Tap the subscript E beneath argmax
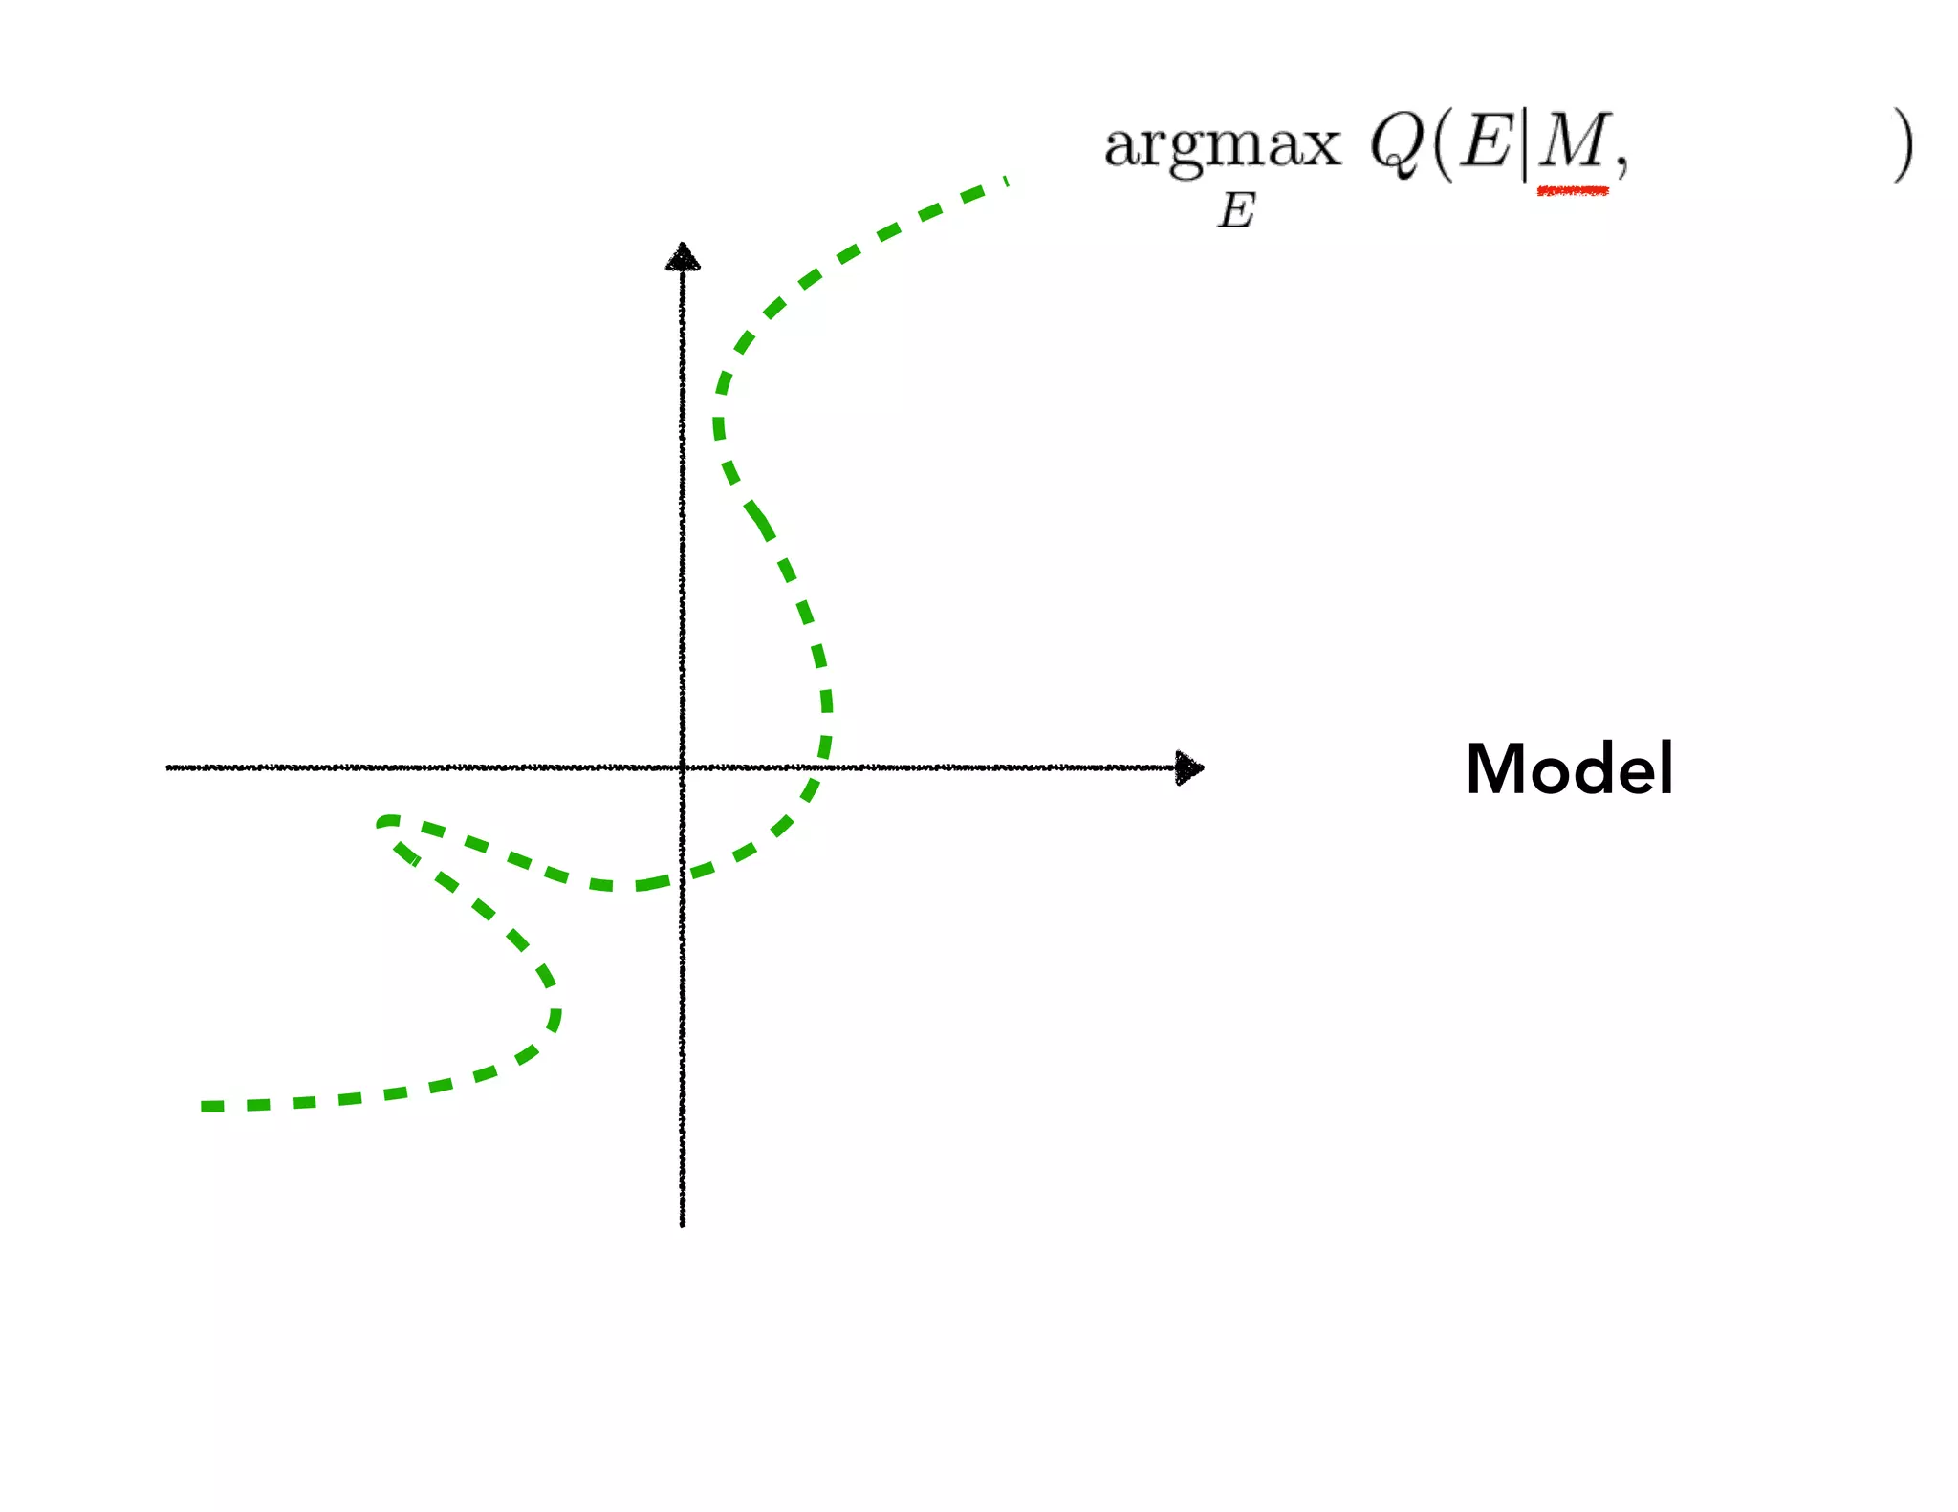[x=1236, y=210]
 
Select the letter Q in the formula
[x=1399, y=145]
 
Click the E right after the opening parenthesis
[x=1486, y=142]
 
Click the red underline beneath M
[x=1573, y=192]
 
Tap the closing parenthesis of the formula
[x=1903, y=145]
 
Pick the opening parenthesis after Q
[x=1444, y=145]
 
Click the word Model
[x=1569, y=769]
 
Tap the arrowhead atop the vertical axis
[x=683, y=257]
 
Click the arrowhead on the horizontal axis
[x=1189, y=767]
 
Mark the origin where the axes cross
[x=683, y=767]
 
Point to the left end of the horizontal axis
[x=169, y=767]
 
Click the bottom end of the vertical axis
[x=683, y=1223]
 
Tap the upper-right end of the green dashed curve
[x=1005, y=182]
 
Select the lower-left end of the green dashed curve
[x=205, y=1107]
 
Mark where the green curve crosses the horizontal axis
[x=823, y=767]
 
